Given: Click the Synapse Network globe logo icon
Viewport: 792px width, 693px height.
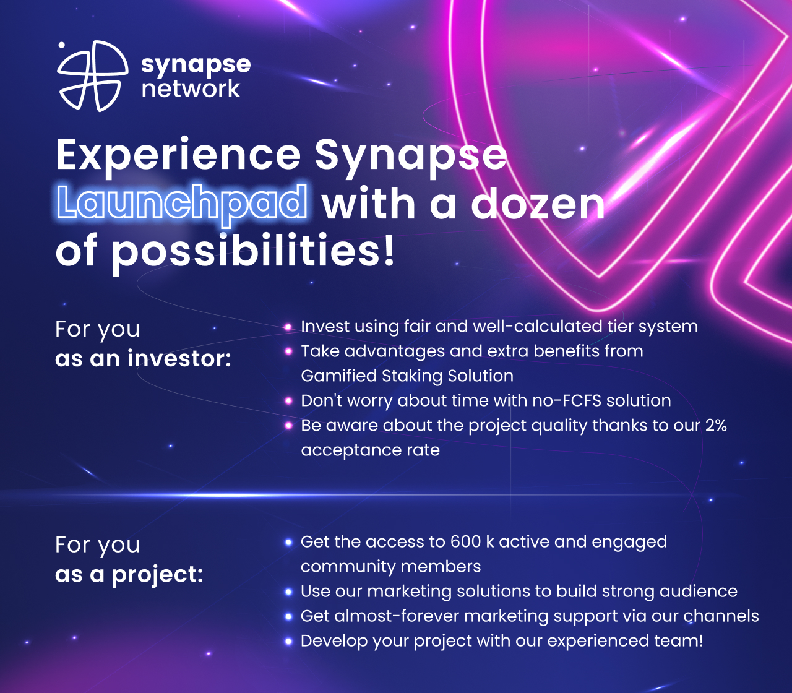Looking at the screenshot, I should tap(92, 76).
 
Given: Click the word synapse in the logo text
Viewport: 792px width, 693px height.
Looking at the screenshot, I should tap(196, 64).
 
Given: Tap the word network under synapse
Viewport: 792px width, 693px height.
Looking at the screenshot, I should tap(191, 88).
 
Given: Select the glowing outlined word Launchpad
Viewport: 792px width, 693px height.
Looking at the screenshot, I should tap(182, 203).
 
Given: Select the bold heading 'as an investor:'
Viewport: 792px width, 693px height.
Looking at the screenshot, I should tap(143, 358).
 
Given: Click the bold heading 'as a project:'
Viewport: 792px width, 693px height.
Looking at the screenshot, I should tap(129, 574).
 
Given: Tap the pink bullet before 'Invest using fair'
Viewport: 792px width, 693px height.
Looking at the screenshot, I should tap(288, 327).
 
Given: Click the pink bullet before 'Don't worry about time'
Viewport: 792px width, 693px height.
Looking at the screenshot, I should tap(288, 401).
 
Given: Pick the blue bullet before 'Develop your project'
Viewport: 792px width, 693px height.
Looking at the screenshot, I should tap(288, 641).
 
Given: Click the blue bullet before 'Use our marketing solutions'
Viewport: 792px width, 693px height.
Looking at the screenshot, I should tap(288, 592).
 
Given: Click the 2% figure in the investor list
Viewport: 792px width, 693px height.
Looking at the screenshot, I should tap(715, 426).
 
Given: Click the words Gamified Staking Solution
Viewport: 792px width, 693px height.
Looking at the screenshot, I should tap(407, 376).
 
